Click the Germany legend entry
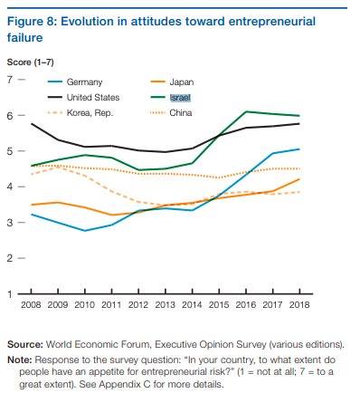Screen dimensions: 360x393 click(x=75, y=82)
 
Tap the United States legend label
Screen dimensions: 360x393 click(x=93, y=98)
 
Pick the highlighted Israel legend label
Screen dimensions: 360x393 click(x=180, y=98)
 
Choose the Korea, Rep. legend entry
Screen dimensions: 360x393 click(x=81, y=113)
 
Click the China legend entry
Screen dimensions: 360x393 click(x=171, y=113)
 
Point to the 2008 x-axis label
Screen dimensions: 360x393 click(x=31, y=304)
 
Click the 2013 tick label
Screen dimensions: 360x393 click(x=165, y=304)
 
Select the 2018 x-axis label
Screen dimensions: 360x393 click(x=299, y=304)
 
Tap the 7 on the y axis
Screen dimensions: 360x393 click(x=10, y=80)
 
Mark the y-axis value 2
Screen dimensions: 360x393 click(x=10, y=258)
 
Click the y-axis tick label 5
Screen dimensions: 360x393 click(x=10, y=151)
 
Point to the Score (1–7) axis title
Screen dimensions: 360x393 click(x=31, y=62)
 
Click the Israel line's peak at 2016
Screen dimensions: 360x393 click(x=246, y=111)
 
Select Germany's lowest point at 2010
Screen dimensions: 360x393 click(x=85, y=231)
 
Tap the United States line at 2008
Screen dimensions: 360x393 click(x=32, y=123)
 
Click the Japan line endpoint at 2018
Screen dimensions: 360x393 click(x=299, y=179)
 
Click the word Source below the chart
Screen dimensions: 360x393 click(x=25, y=344)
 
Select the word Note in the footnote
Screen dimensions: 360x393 click(x=20, y=359)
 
